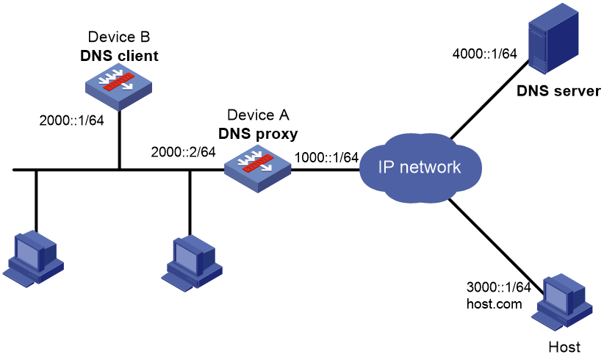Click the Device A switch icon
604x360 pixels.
tap(258, 169)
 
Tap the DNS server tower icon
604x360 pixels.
tap(553, 37)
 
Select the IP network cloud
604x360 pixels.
tap(420, 168)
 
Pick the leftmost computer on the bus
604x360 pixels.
tap(34, 259)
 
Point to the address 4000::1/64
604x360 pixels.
tap(484, 54)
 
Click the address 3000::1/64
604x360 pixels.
tap(498, 287)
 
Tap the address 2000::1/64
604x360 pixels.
tap(72, 120)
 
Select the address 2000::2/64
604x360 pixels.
tap(184, 152)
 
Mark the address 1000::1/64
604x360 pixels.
tap(327, 157)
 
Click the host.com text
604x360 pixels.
tap(495, 303)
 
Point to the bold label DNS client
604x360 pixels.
tap(119, 57)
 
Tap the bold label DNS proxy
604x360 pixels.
tap(258, 134)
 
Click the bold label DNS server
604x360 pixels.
tap(558, 91)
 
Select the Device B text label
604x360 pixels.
tap(118, 37)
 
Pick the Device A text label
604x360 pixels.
tap(258, 115)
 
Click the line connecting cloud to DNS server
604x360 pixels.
tap(489, 101)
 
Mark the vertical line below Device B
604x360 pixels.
tap(120, 140)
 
